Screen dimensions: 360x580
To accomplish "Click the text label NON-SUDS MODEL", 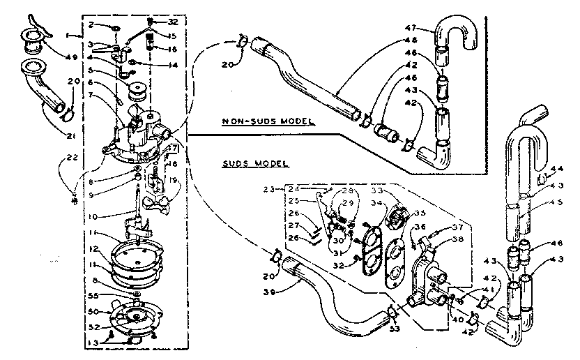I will point(268,121).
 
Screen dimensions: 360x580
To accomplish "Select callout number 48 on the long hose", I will point(411,40).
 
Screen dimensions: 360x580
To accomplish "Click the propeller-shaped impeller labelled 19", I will point(155,203).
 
